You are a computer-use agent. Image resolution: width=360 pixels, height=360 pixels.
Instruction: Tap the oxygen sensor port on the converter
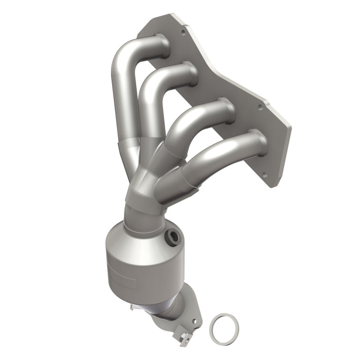tap(171, 237)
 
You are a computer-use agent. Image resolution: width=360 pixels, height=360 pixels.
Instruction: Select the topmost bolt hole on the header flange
tap(182, 32)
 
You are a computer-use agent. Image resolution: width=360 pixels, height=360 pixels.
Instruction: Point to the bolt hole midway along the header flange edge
tap(260, 107)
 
